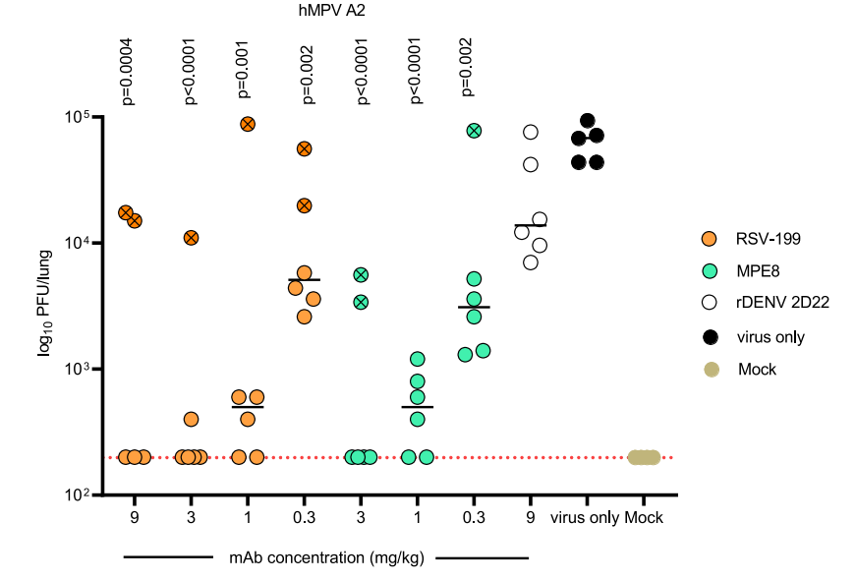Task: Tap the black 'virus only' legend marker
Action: click(x=712, y=336)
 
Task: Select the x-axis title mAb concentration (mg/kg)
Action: click(x=326, y=558)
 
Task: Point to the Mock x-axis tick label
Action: click(x=645, y=518)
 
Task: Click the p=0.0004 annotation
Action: click(x=127, y=70)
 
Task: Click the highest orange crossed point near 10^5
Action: click(x=248, y=124)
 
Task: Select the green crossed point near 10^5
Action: click(x=474, y=130)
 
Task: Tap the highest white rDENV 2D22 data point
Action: click(x=531, y=132)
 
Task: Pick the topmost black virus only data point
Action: click(x=588, y=121)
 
